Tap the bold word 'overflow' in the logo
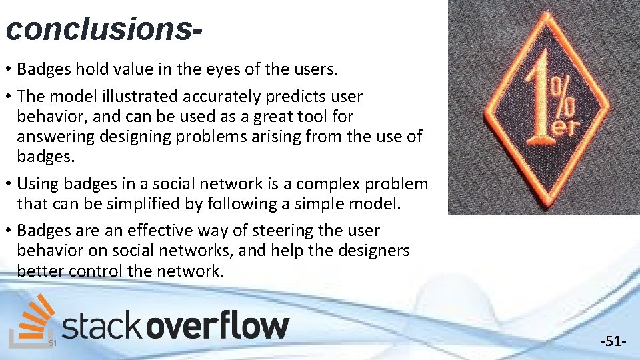click(x=217, y=327)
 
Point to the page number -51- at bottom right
click(x=613, y=342)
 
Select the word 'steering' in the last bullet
click(x=255, y=231)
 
